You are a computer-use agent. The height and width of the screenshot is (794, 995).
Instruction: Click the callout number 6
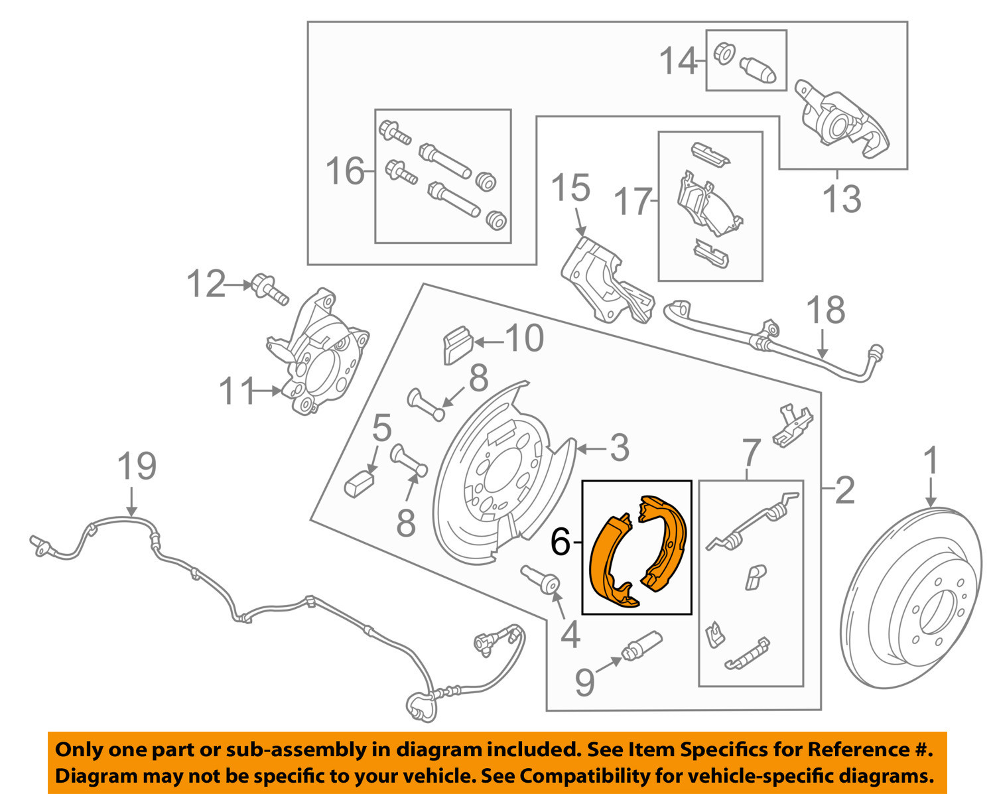tap(561, 543)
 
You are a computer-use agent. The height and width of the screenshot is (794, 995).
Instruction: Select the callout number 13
tap(841, 198)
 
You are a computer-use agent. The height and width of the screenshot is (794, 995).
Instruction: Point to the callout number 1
tap(931, 460)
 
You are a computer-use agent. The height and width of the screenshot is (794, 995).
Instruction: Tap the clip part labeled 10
tap(456, 345)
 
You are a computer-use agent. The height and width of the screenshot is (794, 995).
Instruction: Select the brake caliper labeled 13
tap(839, 119)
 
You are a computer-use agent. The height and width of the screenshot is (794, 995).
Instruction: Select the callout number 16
tap(345, 172)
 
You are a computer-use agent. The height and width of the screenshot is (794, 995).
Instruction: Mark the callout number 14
tap(678, 62)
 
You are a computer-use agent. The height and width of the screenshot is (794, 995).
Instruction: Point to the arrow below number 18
tap(823, 345)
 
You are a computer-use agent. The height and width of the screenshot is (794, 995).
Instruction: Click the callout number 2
tap(844, 491)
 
